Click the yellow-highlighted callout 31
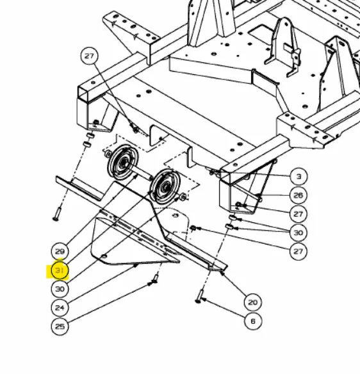click(60, 270)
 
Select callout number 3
click(299, 177)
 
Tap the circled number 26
click(299, 195)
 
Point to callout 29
click(60, 252)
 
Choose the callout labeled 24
click(60, 307)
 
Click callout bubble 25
click(60, 326)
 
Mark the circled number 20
click(252, 302)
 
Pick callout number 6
click(252, 321)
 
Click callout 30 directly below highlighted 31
click(60, 289)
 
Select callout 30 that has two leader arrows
click(299, 232)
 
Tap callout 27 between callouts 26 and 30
click(299, 214)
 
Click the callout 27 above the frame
click(89, 56)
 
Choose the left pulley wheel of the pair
click(123, 162)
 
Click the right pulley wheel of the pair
click(166, 186)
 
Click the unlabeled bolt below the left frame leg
click(57, 214)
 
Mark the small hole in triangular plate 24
click(104, 256)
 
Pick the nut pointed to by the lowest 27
click(193, 228)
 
